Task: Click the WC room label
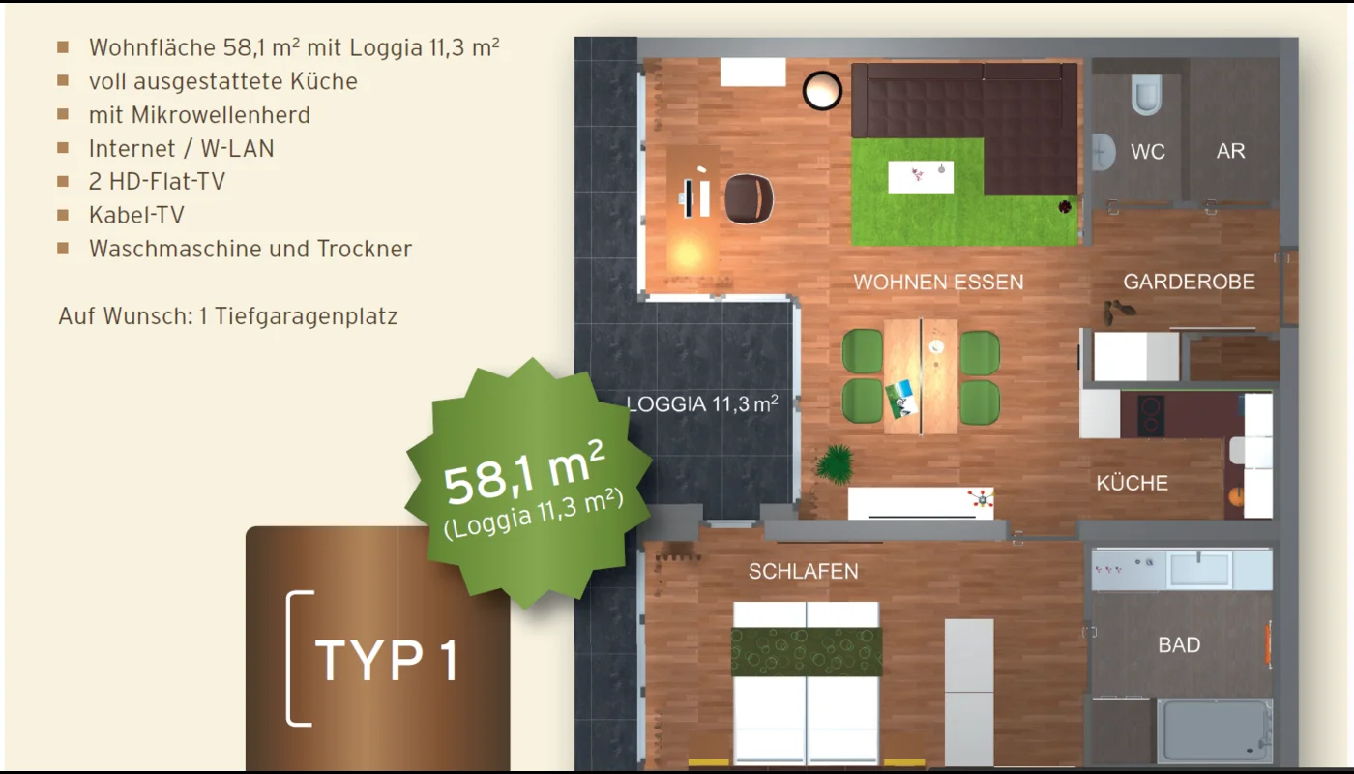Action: pyautogui.click(x=1148, y=151)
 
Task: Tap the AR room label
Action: pyautogui.click(x=1230, y=151)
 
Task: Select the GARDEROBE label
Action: pyautogui.click(x=1189, y=282)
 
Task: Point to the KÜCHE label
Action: pyautogui.click(x=1133, y=483)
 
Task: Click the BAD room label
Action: pyautogui.click(x=1179, y=645)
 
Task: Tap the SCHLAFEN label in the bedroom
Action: pyautogui.click(x=804, y=572)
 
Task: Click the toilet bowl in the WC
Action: pyautogui.click(x=1147, y=95)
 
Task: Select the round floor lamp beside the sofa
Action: pyautogui.click(x=822, y=91)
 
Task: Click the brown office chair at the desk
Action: pyautogui.click(x=749, y=199)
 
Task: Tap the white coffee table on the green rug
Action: pyautogui.click(x=921, y=176)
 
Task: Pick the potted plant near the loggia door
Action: pyautogui.click(x=835, y=463)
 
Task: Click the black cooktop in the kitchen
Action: pyautogui.click(x=1151, y=415)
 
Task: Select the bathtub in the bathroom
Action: pyautogui.click(x=1215, y=730)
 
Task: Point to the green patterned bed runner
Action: pyautogui.click(x=807, y=652)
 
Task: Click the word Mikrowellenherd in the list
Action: pyautogui.click(x=221, y=115)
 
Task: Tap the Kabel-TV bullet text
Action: pyautogui.click(x=136, y=215)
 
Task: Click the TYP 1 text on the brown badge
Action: pyautogui.click(x=386, y=660)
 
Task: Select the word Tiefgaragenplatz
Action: pyautogui.click(x=307, y=316)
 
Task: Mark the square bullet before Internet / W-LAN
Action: pyautogui.click(x=63, y=147)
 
